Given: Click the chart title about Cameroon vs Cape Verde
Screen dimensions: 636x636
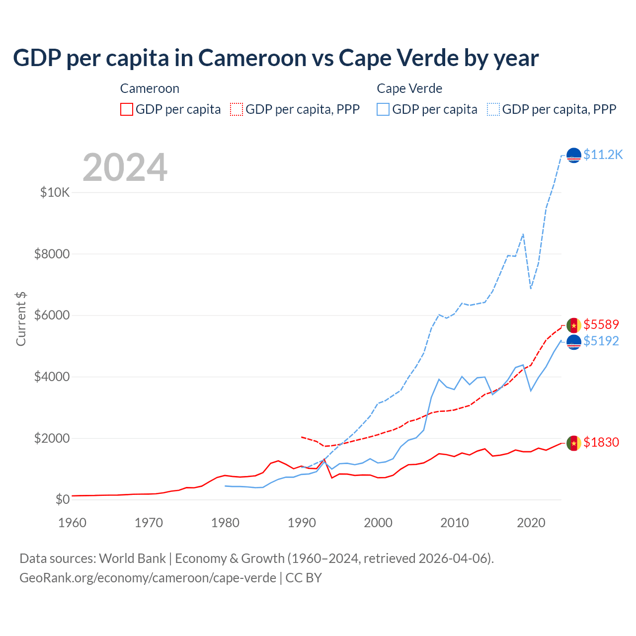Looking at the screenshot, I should point(276,58).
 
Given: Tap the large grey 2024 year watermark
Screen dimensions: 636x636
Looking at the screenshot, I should point(125,167).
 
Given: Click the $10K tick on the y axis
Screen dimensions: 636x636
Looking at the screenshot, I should point(55,192).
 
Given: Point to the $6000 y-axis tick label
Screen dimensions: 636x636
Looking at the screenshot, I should point(52,315).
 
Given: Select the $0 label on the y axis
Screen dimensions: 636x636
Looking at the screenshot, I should point(62,499).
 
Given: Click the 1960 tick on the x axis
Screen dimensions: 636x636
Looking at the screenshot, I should point(73,523).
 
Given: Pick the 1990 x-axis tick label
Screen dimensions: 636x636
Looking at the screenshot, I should point(302,523).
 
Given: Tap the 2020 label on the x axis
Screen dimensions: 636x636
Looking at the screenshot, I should point(531,523).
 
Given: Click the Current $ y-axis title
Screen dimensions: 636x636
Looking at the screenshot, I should point(21,319).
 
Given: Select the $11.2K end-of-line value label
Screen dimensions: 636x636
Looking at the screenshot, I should point(603,155).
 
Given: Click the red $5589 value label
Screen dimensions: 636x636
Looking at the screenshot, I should point(601,325).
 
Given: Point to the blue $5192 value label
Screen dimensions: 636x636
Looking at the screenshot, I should point(601,341).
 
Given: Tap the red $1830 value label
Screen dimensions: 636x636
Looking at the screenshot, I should point(601,442).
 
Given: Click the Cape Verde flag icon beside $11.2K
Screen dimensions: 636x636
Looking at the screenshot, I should point(574,156).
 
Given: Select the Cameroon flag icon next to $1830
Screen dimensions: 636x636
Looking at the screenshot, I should point(574,443).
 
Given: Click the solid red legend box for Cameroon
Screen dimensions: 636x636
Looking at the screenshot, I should point(127,109).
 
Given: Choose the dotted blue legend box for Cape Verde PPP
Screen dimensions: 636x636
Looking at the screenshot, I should point(493,109).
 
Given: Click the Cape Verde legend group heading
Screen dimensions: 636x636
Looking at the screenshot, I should point(409,88).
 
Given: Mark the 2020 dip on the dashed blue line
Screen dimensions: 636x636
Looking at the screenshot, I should point(531,288).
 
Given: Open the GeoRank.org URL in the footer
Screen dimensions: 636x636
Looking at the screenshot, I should point(148,578).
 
